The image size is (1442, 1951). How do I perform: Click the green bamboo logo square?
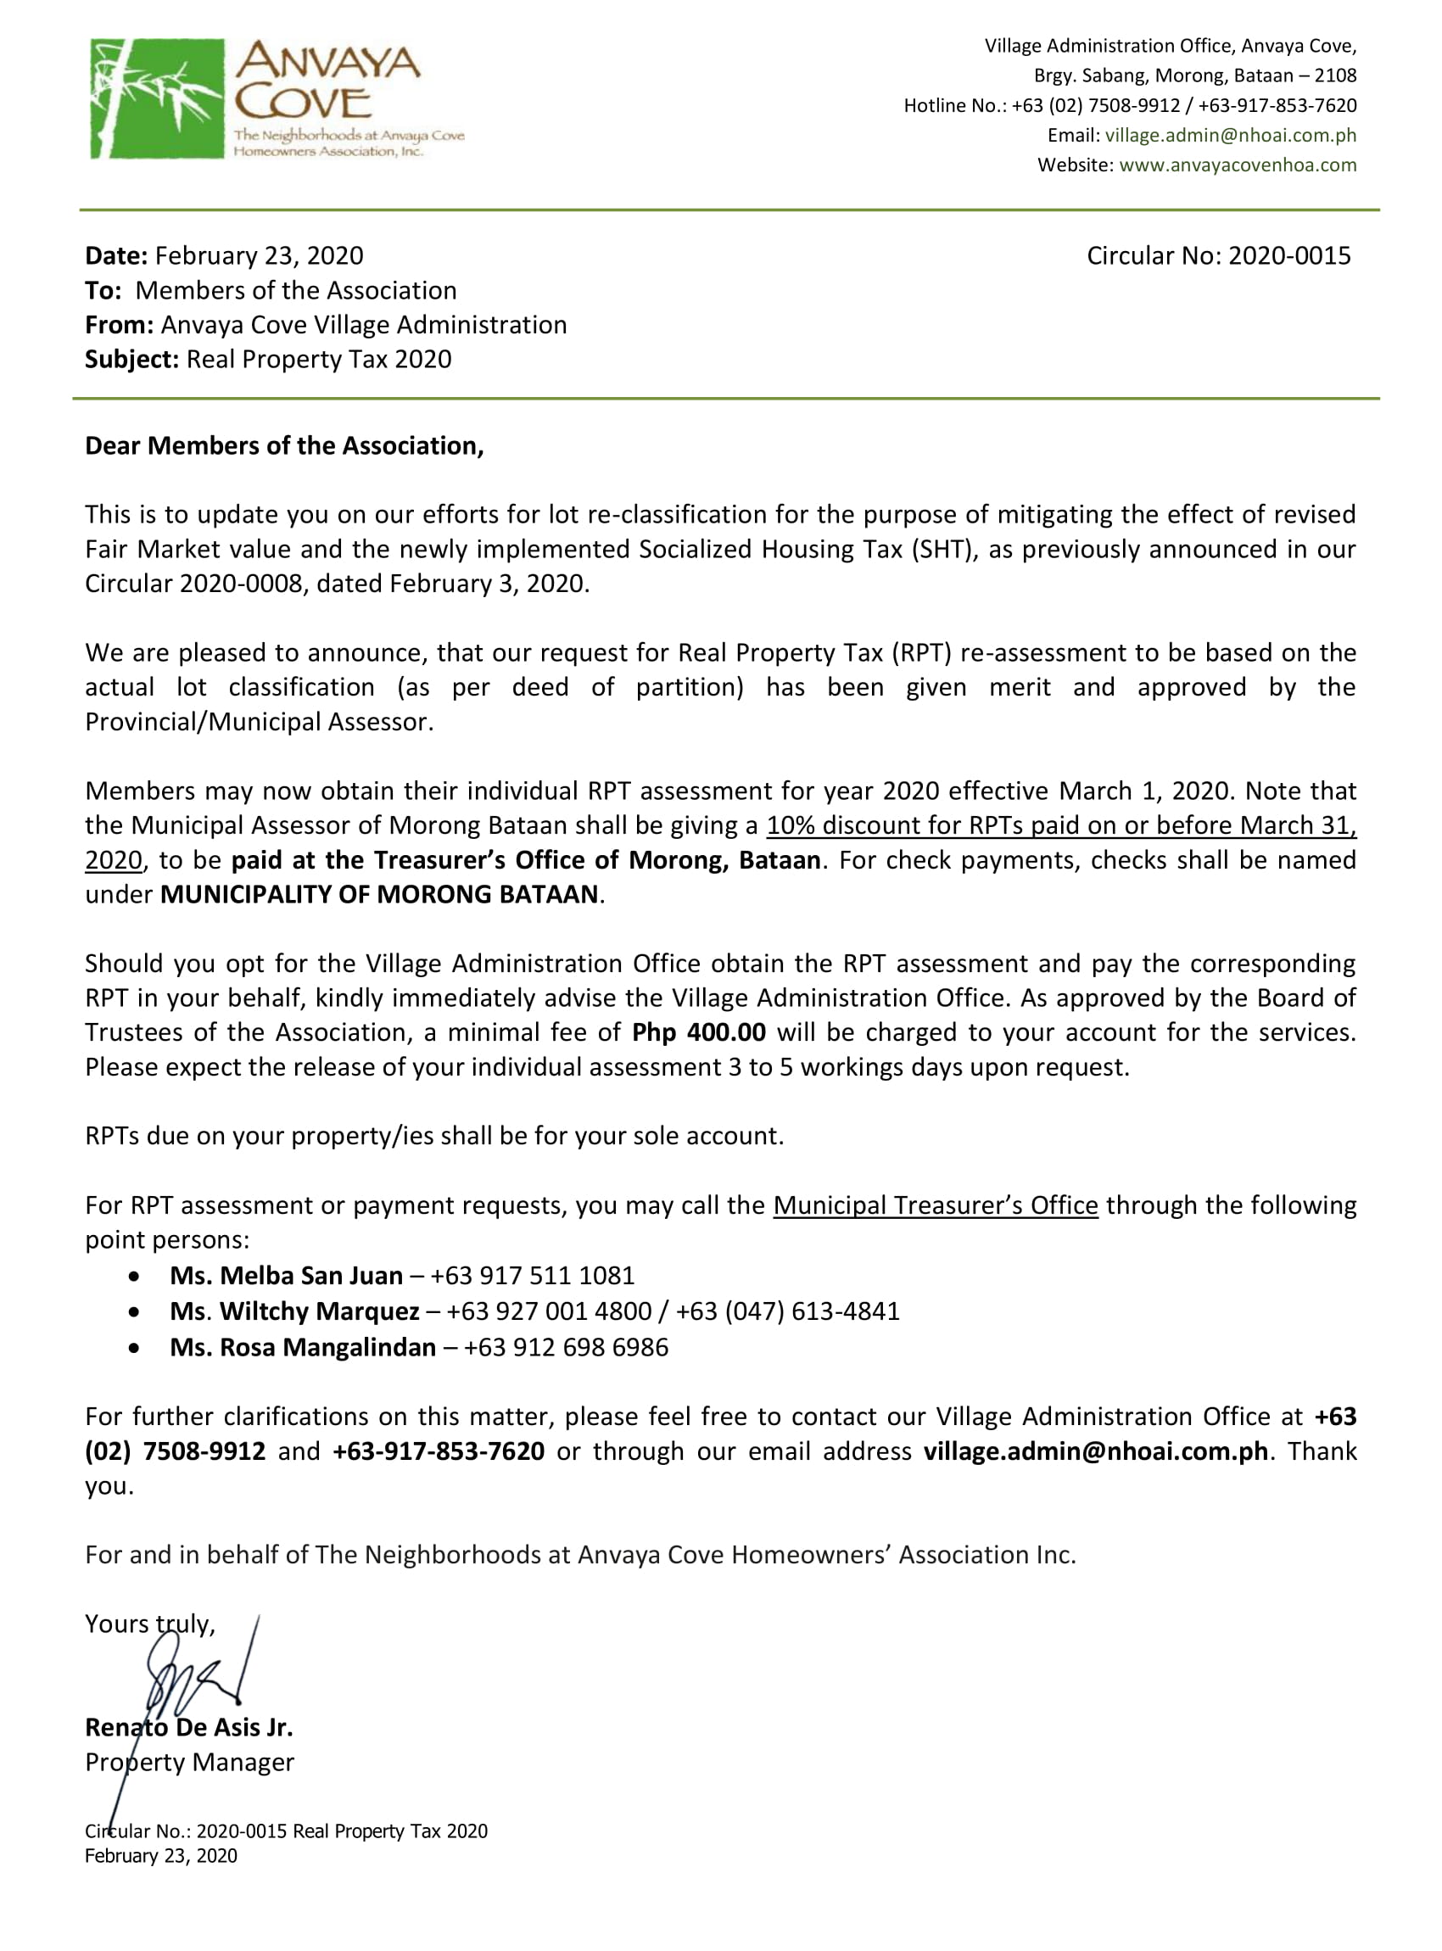coord(157,98)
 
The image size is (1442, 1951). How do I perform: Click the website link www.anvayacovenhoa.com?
coord(1237,165)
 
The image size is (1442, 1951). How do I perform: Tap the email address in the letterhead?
coord(1230,136)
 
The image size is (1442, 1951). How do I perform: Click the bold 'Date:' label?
coord(116,256)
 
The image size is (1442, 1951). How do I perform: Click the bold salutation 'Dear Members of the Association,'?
coord(283,446)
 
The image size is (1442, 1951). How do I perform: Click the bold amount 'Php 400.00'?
coord(698,1032)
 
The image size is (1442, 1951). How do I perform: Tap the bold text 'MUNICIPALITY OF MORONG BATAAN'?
coord(380,895)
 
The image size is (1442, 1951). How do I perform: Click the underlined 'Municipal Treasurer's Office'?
coord(935,1205)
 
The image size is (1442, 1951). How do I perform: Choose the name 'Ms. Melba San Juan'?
coord(287,1277)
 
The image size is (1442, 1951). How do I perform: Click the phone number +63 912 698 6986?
coord(566,1348)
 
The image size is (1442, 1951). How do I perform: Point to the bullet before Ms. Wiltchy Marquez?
coord(133,1312)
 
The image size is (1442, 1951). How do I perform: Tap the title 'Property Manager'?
coord(189,1763)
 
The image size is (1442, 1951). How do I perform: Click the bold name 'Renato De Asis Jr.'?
coord(188,1728)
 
